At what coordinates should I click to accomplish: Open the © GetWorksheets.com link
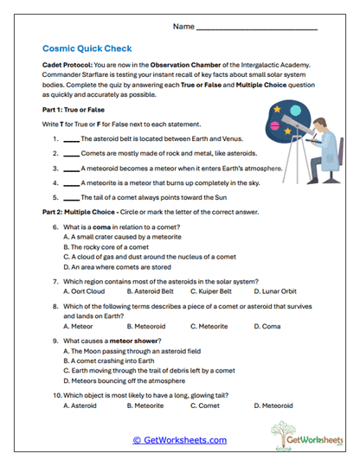pyautogui.click(x=180, y=440)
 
